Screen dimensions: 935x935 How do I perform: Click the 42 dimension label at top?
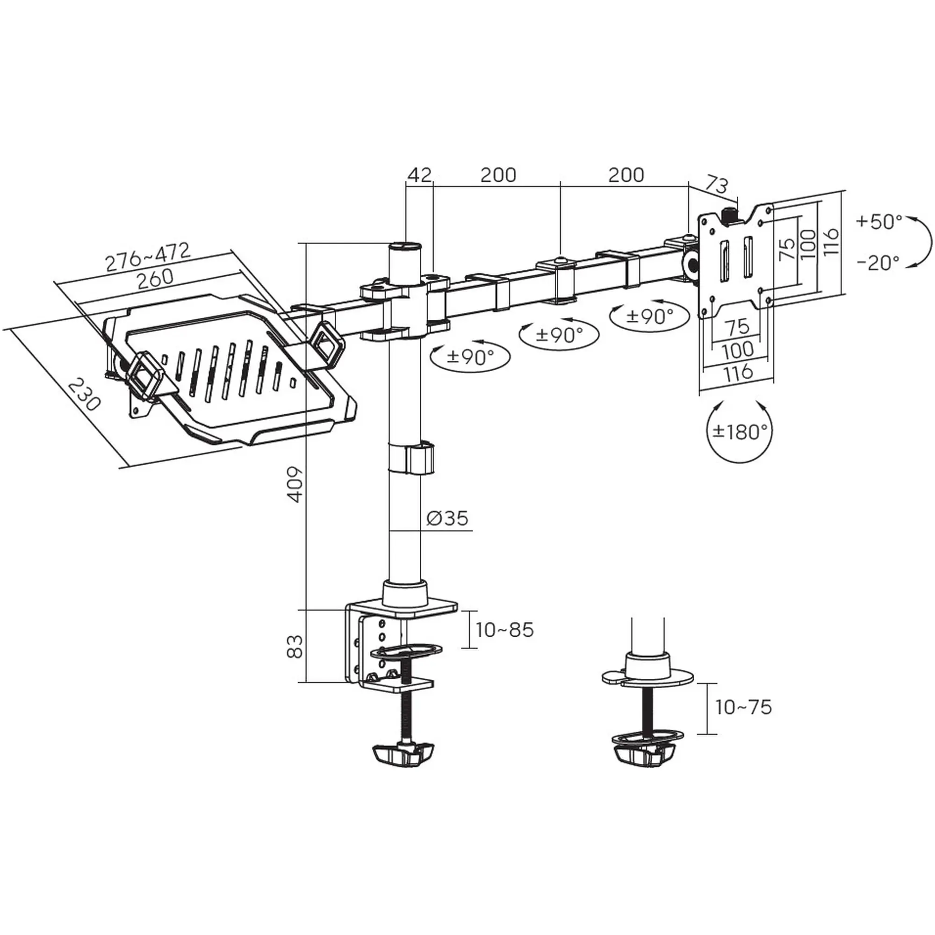click(419, 175)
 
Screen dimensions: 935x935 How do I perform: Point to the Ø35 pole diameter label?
click(448, 518)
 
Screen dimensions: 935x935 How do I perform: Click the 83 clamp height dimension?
click(295, 646)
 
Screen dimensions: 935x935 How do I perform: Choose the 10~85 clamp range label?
click(504, 630)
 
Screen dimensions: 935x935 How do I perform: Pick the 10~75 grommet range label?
click(743, 707)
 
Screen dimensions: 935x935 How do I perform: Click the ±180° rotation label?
click(740, 431)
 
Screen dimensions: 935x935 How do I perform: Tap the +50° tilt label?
click(879, 222)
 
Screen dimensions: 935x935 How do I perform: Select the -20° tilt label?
click(878, 263)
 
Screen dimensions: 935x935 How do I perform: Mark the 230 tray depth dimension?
click(84, 395)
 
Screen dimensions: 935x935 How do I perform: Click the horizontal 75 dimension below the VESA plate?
click(738, 327)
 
